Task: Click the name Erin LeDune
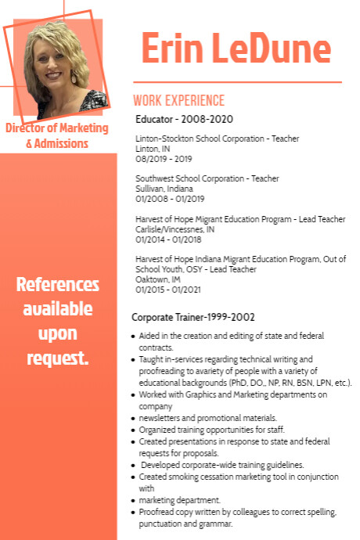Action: pos(236,49)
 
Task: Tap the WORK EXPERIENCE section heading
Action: pos(178,101)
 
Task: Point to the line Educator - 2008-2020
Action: pos(184,119)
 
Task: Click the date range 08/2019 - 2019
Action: pos(164,158)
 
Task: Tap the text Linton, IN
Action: pos(153,149)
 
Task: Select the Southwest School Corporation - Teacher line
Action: pos(207,178)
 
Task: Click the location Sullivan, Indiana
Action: pos(164,189)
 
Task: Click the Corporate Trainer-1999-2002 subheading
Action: pos(193,317)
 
